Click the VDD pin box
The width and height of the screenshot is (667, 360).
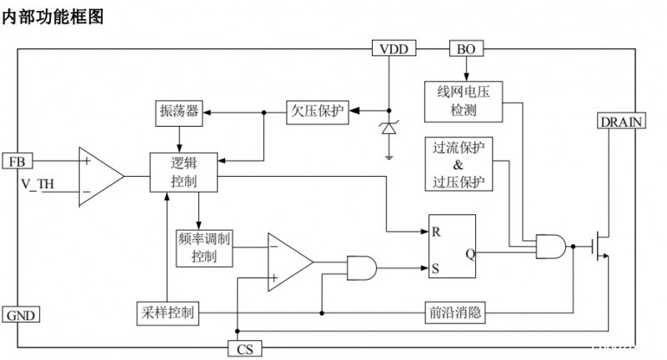[394, 49]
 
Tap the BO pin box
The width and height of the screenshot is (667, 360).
[465, 49]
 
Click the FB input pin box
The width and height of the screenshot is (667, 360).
[17, 161]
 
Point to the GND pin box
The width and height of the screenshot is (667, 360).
[21, 316]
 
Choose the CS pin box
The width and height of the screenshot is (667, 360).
[243, 347]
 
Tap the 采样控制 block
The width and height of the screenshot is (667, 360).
[168, 313]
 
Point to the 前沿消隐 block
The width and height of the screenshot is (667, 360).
[454, 313]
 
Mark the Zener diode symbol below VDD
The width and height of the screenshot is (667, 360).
[389, 129]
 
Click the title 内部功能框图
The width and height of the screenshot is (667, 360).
[53, 17]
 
